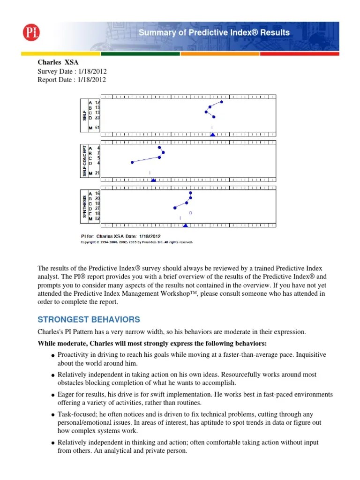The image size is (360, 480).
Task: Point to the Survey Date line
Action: pyautogui.click(x=72, y=71)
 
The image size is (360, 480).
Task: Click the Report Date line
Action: pyautogui.click(x=72, y=80)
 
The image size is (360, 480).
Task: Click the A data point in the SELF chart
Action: pyautogui.click(x=222, y=102)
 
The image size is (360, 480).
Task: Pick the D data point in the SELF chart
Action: pyautogui.click(x=214, y=117)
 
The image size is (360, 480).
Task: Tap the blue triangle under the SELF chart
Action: pyautogui.click(x=212, y=135)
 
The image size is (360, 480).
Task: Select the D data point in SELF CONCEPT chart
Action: pyautogui.click(x=132, y=162)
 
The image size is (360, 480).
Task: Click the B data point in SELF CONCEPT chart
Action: pyautogui.click(x=163, y=152)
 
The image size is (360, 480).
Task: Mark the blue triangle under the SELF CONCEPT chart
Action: pyautogui.click(x=153, y=180)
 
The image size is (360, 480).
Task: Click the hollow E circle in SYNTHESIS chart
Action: pyautogui.click(x=190, y=213)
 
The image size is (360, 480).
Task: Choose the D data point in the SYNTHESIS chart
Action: pyautogui.click(x=175, y=207)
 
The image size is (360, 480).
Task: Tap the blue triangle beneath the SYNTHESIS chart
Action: pyautogui.click(x=185, y=225)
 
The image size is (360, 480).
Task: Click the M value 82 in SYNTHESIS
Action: pyautogui.click(x=97, y=218)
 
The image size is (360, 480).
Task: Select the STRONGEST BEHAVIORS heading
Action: pyautogui.click(x=89, y=320)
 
